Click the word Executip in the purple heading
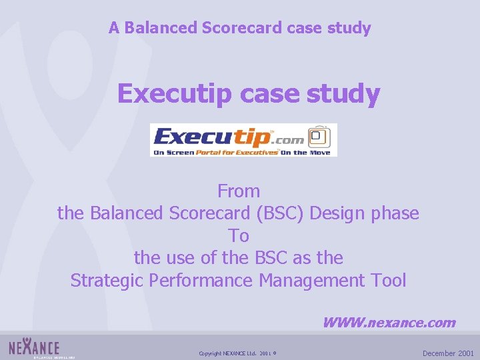point(175,94)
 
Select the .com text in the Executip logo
point(290,139)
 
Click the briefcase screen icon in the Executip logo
point(321,138)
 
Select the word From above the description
point(239,191)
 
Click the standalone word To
point(239,236)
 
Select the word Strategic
point(107,281)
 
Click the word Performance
point(201,281)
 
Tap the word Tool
point(389,281)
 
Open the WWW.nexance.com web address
point(389,323)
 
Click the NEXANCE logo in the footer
point(35,347)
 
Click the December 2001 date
point(448,353)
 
